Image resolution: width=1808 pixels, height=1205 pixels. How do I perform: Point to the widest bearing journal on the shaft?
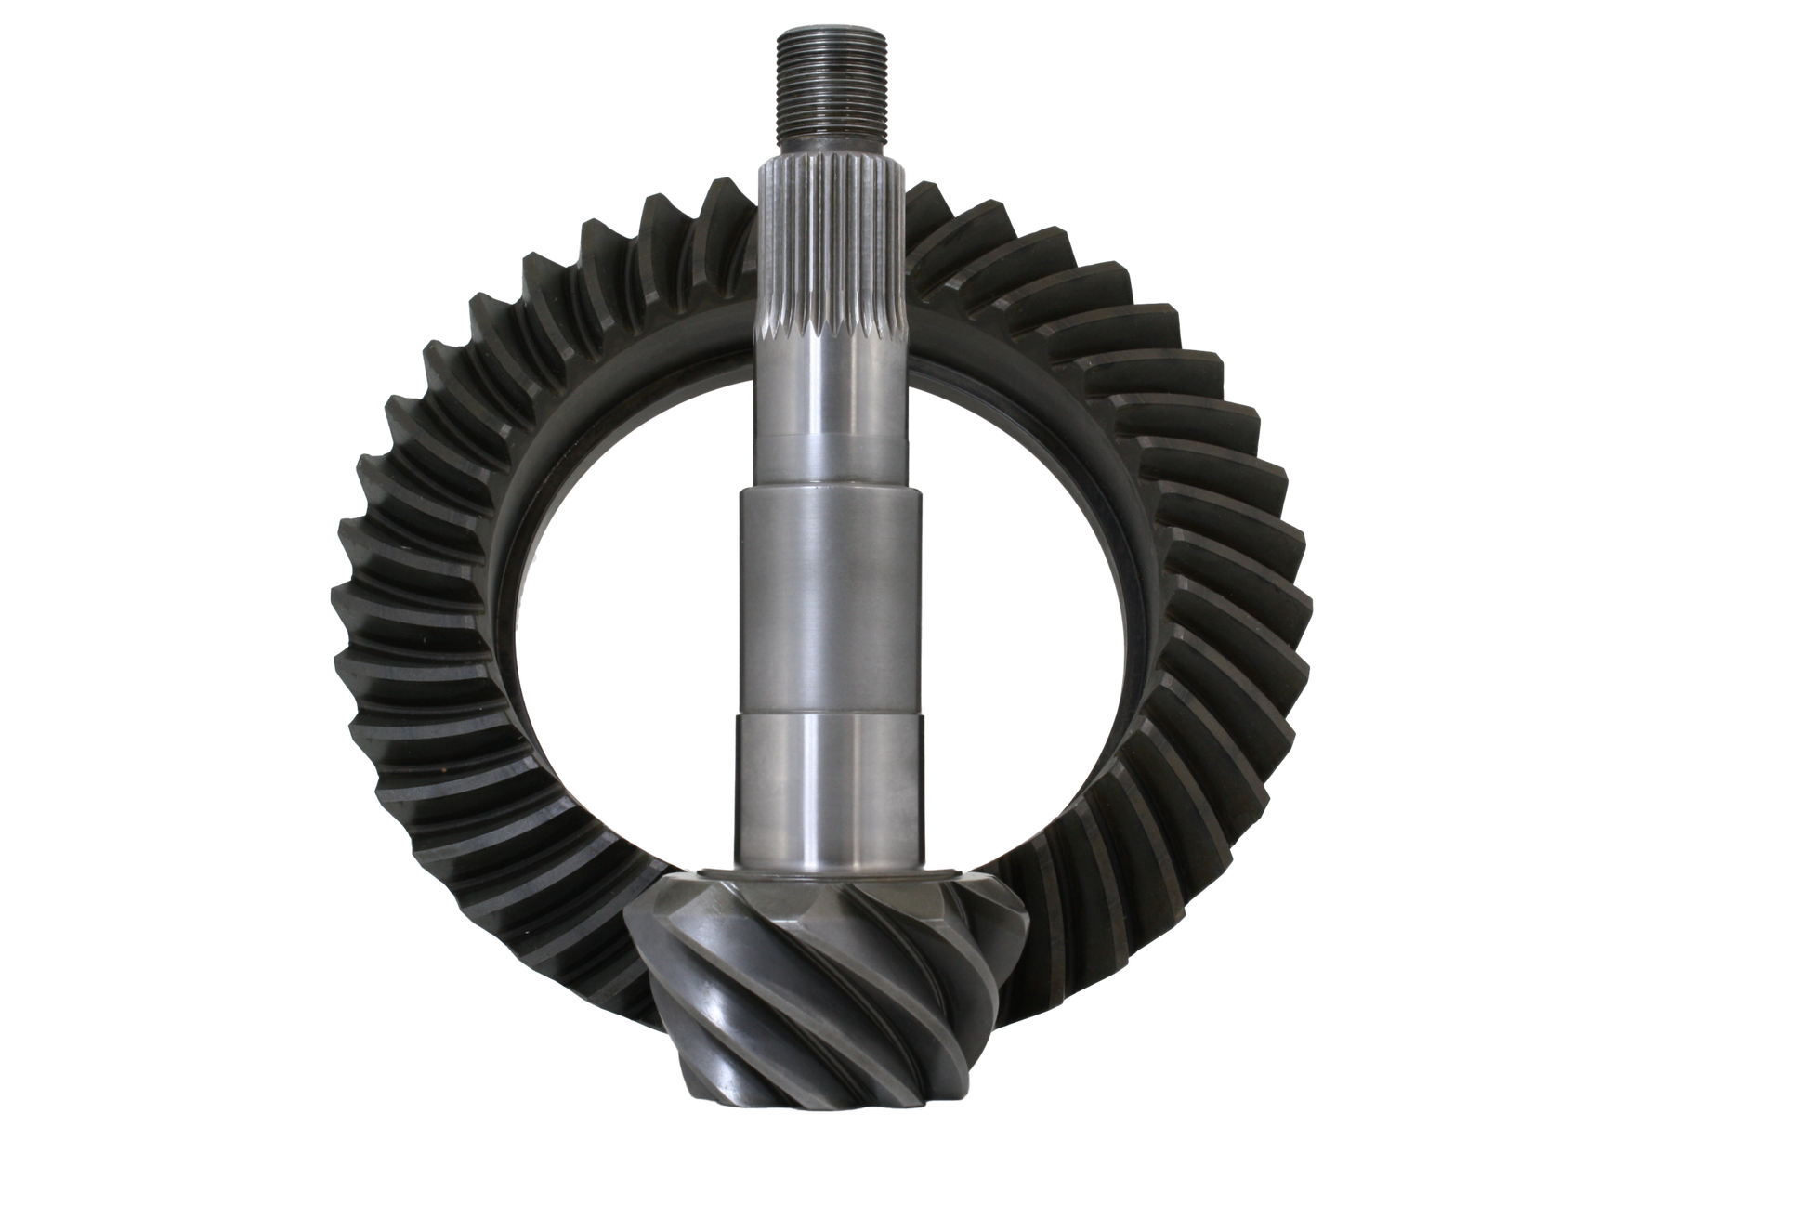830,604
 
